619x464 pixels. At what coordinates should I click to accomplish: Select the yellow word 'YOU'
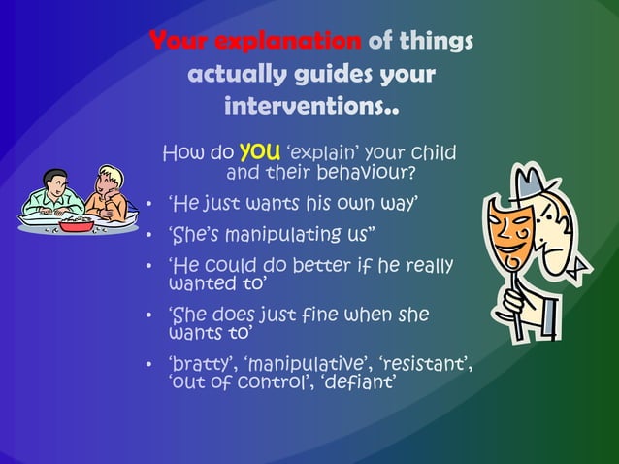[260, 151]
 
